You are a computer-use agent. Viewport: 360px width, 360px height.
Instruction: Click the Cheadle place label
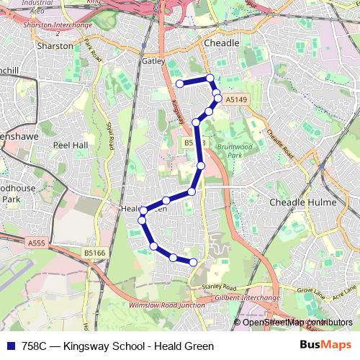pyautogui.click(x=221, y=43)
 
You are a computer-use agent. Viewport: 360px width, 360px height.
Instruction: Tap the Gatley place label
pyautogui.click(x=153, y=61)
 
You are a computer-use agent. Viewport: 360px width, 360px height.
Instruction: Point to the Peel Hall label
pyautogui.click(x=71, y=144)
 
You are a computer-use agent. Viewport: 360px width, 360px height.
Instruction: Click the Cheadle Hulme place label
pyautogui.click(x=302, y=203)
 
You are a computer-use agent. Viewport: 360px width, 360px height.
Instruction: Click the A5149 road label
pyautogui.click(x=235, y=99)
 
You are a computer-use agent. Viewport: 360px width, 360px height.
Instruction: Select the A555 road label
pyautogui.click(x=36, y=244)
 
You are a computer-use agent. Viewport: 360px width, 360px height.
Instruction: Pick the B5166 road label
pyautogui.click(x=94, y=253)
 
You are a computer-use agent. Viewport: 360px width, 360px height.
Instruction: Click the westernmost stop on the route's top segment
pyautogui.click(x=179, y=84)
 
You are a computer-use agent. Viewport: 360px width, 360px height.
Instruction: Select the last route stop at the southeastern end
pyautogui.click(x=193, y=261)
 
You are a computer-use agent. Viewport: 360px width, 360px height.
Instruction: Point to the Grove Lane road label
pyautogui.click(x=311, y=291)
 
